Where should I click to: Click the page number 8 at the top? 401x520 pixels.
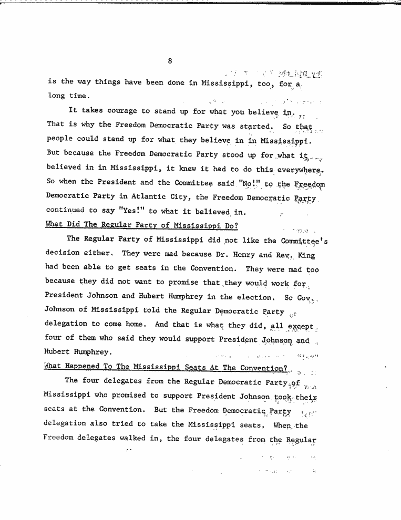(x=170, y=61)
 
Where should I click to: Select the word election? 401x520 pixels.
(x=253, y=297)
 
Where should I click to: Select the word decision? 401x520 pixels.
(x=66, y=255)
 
